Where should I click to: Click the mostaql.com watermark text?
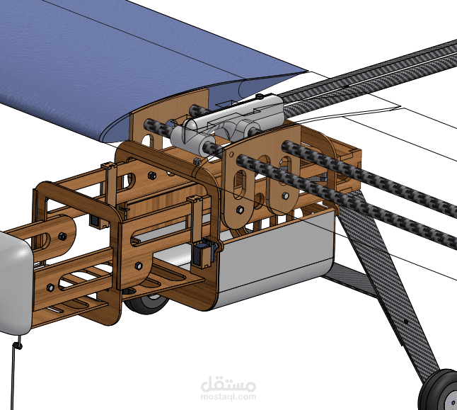(x=228, y=397)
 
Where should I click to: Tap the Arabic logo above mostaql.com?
(x=228, y=384)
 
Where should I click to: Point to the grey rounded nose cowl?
(x=15, y=283)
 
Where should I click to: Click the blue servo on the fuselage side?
(x=204, y=251)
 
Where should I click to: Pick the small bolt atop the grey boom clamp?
(x=260, y=96)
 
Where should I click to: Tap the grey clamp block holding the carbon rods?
(x=227, y=123)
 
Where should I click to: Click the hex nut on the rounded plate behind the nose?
(x=62, y=236)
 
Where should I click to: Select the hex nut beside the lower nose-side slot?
(x=50, y=287)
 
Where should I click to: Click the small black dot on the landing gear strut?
(x=405, y=322)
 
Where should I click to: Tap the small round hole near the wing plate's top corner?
(x=231, y=154)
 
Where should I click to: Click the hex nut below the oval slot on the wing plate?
(x=240, y=209)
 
